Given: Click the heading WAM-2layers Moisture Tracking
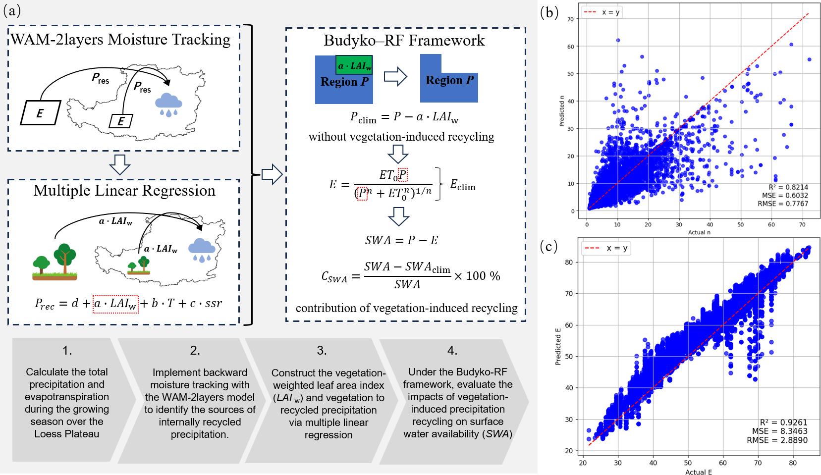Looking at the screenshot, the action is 120,39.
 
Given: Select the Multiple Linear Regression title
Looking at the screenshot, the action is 124,191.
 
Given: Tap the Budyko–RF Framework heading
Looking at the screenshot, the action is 404,40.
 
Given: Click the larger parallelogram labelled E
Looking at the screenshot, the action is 40,112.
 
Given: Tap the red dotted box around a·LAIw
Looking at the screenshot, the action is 115,304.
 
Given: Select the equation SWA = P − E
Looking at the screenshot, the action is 401,240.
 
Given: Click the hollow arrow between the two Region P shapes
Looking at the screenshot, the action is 395,77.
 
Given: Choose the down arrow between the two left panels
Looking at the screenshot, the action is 120,164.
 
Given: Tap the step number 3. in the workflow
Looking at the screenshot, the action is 322,351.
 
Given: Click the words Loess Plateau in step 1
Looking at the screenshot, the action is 67,434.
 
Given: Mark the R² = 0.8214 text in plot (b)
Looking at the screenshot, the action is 788,187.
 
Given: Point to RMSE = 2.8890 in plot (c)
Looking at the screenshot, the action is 777,440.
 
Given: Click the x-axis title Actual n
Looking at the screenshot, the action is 699,232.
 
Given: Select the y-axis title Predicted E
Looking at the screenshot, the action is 558,346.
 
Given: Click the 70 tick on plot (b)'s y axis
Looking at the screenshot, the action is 570,19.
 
